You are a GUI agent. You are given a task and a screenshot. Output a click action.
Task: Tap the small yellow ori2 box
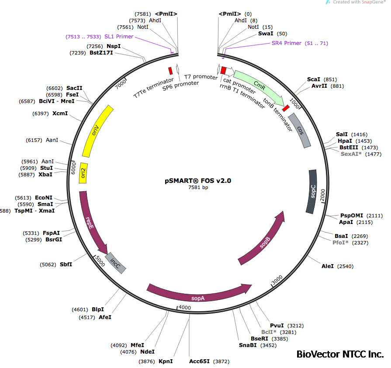[x=83, y=173]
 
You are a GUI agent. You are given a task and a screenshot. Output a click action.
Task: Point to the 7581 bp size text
[x=198, y=187]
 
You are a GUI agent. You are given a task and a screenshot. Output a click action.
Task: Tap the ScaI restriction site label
[x=314, y=79]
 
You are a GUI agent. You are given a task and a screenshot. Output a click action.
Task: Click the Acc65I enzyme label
[x=199, y=361]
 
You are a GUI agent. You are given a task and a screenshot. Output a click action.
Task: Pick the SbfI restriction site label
[x=66, y=264]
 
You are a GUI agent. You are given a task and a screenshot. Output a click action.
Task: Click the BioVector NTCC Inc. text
[x=340, y=354]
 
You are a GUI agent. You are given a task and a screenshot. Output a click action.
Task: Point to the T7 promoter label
[x=201, y=77]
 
